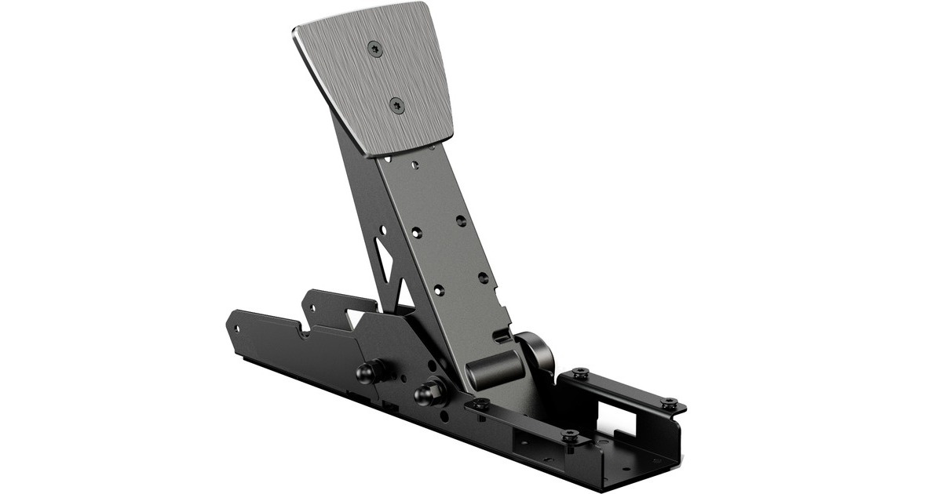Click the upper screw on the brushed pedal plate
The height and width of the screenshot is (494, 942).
click(x=374, y=48)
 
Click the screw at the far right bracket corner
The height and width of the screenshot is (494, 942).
click(x=668, y=404)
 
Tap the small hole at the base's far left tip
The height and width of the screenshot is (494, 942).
click(x=233, y=325)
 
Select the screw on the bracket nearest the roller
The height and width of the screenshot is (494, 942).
click(x=480, y=405)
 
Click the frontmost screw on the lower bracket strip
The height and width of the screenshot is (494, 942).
click(x=571, y=436)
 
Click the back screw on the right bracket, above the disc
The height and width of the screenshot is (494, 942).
click(x=579, y=372)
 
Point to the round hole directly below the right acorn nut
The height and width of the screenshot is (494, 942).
click(x=445, y=418)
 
